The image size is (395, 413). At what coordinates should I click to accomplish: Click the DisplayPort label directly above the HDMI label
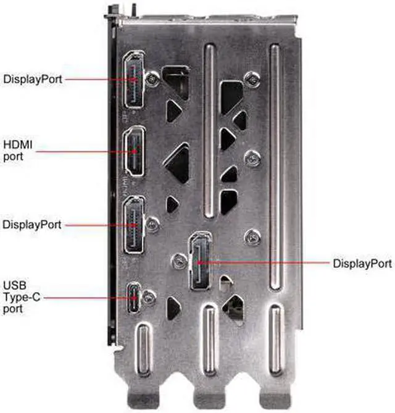[32, 79]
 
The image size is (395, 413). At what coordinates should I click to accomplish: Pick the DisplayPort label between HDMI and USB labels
[32, 224]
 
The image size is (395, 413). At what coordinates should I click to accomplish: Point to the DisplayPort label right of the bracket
[362, 264]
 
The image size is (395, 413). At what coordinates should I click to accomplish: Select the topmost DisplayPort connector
[133, 79]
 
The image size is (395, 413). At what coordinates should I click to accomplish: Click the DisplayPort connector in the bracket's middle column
[199, 262]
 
